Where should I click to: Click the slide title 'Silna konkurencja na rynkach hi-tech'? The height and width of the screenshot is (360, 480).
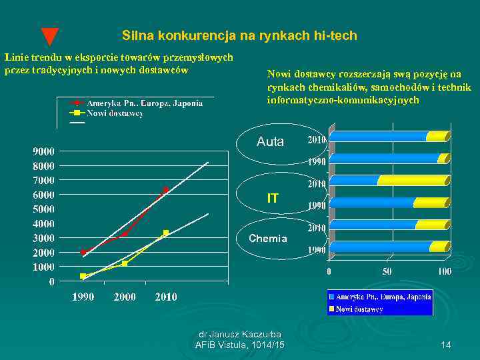pos(239,35)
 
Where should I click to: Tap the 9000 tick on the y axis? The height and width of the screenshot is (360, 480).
pos(44,151)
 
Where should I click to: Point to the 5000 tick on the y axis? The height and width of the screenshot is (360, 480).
pos(44,209)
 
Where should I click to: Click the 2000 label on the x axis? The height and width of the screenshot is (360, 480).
pos(125,297)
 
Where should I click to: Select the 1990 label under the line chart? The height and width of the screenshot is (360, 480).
pos(83,297)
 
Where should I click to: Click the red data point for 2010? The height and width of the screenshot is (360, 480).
pos(165,190)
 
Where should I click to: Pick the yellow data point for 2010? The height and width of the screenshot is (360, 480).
pos(165,233)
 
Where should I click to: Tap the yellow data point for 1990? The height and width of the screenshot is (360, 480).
pos(83,276)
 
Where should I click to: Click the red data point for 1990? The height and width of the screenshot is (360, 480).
pos(83,252)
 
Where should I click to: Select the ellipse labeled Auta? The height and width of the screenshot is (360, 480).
pos(270,142)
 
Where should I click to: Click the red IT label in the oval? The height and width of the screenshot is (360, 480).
pos(272,198)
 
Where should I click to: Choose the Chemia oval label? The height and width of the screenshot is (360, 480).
pos(268,239)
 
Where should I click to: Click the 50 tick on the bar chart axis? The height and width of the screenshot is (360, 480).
pos(387,271)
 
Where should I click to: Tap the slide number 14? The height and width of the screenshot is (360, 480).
pos(446,344)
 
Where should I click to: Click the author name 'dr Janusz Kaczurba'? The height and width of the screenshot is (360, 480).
pos(240,334)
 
